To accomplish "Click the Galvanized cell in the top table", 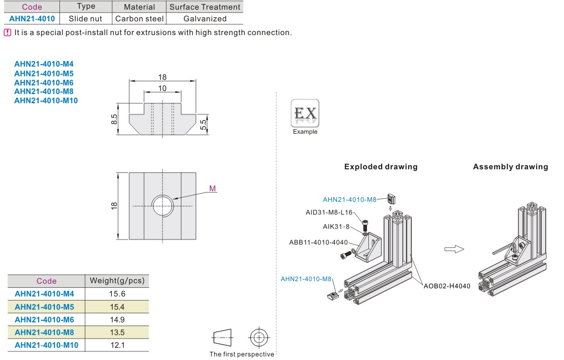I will [x=205, y=19].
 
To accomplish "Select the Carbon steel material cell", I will [x=139, y=19].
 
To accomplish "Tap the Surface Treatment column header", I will [x=205, y=7].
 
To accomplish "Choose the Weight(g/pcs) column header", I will [x=117, y=281].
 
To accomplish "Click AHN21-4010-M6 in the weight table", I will [x=44, y=320].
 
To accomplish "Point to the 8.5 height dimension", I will [x=114, y=120].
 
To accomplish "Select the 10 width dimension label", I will [x=162, y=88].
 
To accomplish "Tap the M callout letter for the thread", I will [x=212, y=189].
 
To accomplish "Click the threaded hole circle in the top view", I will [x=163, y=206].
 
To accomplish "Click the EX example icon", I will [x=305, y=113].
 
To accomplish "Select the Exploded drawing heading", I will [x=381, y=167].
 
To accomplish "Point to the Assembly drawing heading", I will [x=510, y=167].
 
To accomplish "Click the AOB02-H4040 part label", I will [x=447, y=286].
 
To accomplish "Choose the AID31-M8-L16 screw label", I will [x=329, y=213].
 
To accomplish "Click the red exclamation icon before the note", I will [x=7, y=33].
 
